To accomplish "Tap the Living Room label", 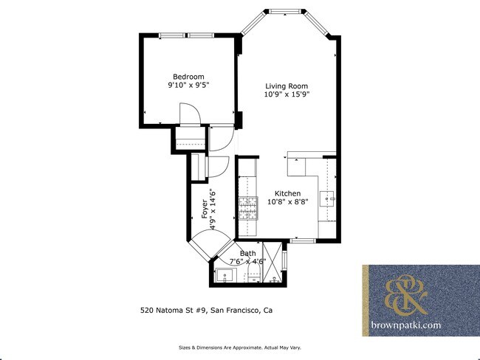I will click(287, 86).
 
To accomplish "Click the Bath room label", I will click(247, 253).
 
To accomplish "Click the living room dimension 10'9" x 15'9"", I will click(287, 94).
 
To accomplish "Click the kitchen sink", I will click(328, 198).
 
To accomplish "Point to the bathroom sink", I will click(222, 275).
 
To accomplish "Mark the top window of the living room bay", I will click(283, 12).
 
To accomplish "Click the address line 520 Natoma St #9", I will click(202, 310).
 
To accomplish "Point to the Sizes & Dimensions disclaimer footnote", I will click(240, 347).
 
